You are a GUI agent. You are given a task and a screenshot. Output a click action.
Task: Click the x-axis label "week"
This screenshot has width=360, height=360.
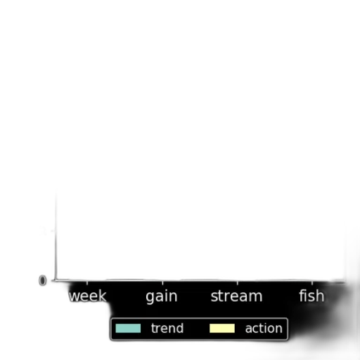click(x=87, y=296)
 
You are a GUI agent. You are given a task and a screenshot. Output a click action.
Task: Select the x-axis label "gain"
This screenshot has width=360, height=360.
click(x=162, y=297)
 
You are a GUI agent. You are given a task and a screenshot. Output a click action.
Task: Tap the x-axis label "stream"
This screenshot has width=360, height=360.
click(x=236, y=296)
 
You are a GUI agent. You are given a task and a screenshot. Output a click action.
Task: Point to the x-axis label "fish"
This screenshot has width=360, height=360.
click(x=311, y=295)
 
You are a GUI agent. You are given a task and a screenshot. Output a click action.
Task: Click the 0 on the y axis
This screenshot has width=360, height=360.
click(x=42, y=281)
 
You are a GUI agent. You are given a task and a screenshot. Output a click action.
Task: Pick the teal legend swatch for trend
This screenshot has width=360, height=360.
click(x=128, y=328)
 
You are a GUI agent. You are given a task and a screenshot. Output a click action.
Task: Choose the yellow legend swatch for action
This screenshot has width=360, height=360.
click(x=222, y=328)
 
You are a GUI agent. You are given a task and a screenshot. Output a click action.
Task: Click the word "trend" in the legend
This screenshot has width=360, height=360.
click(x=167, y=328)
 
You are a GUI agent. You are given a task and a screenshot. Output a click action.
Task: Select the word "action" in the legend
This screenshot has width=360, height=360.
click(x=264, y=328)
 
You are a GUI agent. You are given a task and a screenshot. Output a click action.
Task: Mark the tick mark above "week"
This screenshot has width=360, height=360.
click(x=87, y=283)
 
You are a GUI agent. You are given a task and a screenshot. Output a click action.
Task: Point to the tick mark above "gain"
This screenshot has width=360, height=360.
click(x=162, y=283)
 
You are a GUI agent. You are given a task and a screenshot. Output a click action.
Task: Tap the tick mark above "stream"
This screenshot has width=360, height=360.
click(x=238, y=283)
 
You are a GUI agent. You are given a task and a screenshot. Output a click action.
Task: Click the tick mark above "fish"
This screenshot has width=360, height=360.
click(x=312, y=283)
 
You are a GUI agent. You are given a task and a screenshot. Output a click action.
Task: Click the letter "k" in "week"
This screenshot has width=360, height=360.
click(x=103, y=295)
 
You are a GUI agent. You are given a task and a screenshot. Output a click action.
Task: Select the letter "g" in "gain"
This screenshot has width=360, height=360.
click(x=150, y=298)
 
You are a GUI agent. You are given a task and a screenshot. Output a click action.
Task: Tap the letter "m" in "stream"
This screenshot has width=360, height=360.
click(x=256, y=297)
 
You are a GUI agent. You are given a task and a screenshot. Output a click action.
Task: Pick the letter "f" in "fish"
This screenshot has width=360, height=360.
click(x=302, y=295)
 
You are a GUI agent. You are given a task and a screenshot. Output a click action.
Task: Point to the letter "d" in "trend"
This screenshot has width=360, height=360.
click(x=179, y=328)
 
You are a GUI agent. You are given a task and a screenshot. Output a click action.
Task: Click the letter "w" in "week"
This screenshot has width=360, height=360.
click(x=75, y=297)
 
